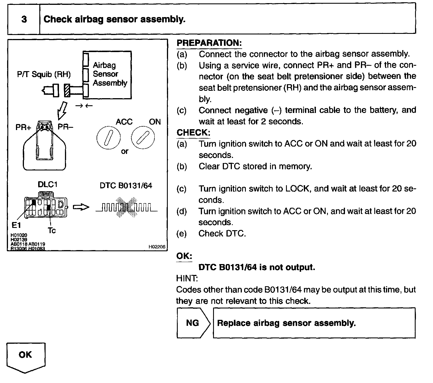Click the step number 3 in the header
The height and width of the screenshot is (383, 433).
pos(24,19)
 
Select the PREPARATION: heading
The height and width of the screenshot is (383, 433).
pos(209,43)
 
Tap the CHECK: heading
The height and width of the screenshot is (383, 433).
pos(193,133)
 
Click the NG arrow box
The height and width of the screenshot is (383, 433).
pos(193,323)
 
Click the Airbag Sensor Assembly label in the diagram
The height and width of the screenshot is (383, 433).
pos(109,74)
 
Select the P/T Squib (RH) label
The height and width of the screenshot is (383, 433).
pos(44,75)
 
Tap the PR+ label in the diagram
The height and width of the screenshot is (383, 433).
pos(23,127)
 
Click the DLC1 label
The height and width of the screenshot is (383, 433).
pos(48,185)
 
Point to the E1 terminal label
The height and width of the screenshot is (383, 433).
pos(16,225)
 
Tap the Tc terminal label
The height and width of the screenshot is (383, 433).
pos(52,230)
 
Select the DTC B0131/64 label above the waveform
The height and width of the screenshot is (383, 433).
pos(126,186)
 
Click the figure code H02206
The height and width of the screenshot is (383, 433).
pos(157,247)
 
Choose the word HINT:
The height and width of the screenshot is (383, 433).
pos(187,278)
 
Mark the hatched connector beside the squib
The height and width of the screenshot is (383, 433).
pos(67,90)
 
